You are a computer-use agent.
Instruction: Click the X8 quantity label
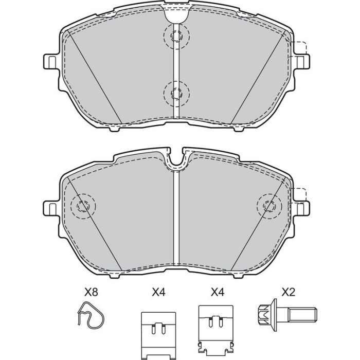coord(91,292)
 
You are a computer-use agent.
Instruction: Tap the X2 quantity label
coord(289,292)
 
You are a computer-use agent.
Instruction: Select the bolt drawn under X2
coord(287,315)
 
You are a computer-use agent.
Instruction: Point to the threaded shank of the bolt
coord(302,315)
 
